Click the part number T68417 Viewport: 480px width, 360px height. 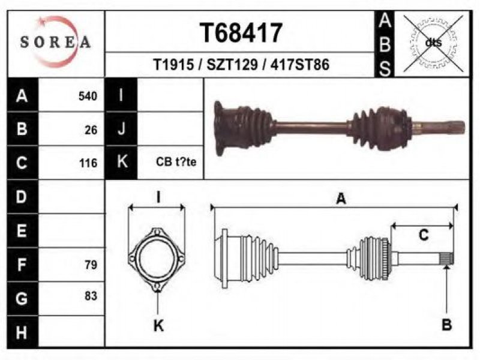tap(241, 33)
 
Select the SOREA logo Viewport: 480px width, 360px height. tap(56, 42)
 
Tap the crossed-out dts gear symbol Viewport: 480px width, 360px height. tap(433, 43)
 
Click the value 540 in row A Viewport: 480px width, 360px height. tap(88, 96)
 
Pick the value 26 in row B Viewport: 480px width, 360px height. tap(91, 130)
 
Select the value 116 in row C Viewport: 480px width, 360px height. tap(88, 163)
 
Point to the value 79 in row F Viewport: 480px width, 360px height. tap(91, 265)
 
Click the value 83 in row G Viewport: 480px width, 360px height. tap(91, 296)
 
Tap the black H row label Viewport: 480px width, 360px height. tap(23, 332)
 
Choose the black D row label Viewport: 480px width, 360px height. tap(23, 197)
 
